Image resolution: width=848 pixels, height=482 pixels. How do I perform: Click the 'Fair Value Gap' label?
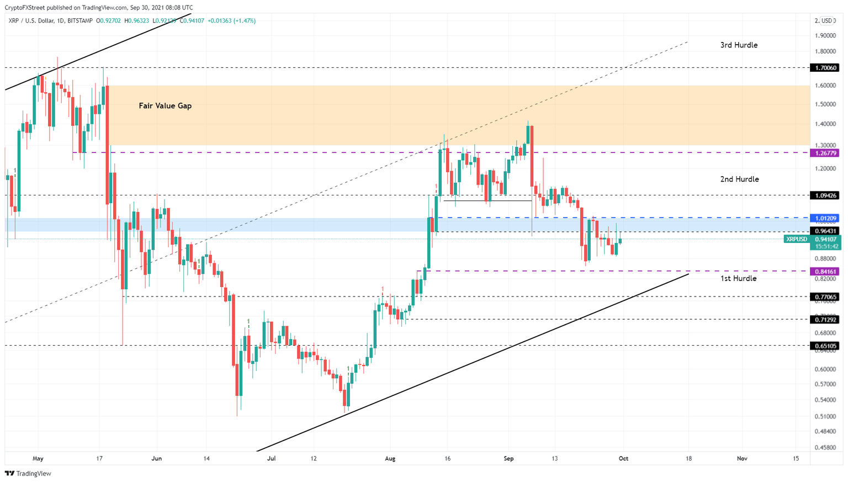[165, 106]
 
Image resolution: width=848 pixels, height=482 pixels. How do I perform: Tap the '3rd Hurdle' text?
[739, 45]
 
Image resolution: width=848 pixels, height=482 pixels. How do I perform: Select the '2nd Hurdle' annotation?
[739, 179]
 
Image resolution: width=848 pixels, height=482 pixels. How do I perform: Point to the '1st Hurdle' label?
[738, 279]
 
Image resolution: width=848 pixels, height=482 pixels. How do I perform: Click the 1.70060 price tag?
[824, 68]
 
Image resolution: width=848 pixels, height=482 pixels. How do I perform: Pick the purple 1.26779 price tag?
[824, 153]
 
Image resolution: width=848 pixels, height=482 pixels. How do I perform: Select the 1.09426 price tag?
[824, 195]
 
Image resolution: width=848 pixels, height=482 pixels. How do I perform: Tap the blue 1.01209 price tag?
[824, 219]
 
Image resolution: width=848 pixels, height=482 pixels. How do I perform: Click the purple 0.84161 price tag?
[824, 272]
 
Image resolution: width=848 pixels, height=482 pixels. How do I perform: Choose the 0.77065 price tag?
[824, 297]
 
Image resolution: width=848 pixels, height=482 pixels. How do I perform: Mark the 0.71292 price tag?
[824, 320]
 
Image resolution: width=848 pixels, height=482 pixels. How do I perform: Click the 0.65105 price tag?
[824, 346]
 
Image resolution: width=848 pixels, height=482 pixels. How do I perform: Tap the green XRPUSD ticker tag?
[796, 240]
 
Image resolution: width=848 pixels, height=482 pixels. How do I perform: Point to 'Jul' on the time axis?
[271, 458]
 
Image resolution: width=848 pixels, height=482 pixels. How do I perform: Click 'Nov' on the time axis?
[742, 458]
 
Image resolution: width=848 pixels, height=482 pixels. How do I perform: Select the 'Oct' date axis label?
[623, 458]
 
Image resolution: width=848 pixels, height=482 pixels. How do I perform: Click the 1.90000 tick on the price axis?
[825, 36]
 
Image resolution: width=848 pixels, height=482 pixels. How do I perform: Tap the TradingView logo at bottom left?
[28, 473]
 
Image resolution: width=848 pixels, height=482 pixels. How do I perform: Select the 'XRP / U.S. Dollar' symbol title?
[33, 21]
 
